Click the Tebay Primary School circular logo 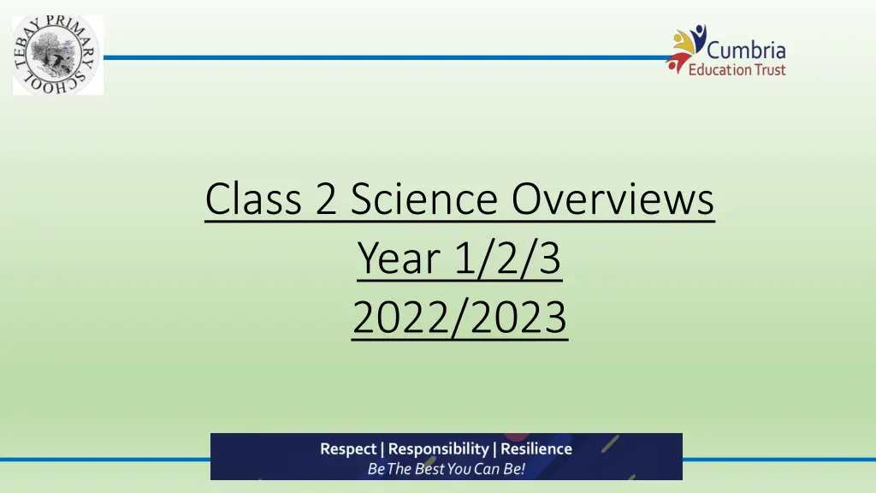click(x=56, y=55)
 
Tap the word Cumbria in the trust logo click(x=746, y=50)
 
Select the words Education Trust click(x=737, y=69)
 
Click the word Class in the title click(x=253, y=199)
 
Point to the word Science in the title click(x=424, y=199)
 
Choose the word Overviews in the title click(x=613, y=199)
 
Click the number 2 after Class click(x=326, y=199)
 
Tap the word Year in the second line click(x=399, y=258)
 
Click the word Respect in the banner click(x=348, y=448)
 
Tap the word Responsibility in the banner click(x=439, y=448)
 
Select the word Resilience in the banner click(x=536, y=448)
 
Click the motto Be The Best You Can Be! click(x=446, y=468)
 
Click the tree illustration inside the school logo click(x=56, y=55)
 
